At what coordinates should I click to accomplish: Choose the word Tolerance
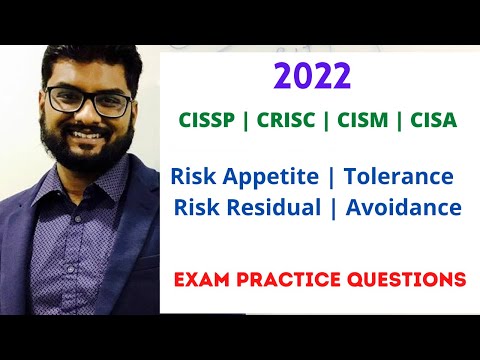click(398, 177)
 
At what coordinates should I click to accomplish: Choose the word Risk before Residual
click(197, 208)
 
